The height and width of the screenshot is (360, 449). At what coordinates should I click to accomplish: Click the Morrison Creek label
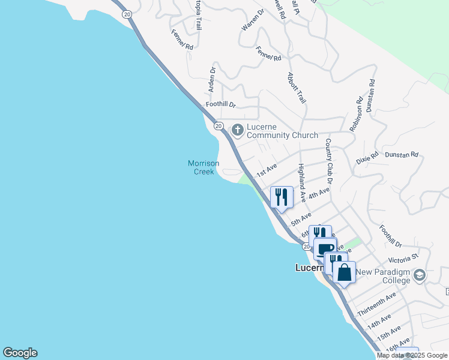tap(203, 167)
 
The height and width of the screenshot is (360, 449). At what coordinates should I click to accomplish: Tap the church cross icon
tap(237, 129)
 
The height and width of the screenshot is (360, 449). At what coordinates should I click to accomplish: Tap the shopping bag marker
tap(345, 272)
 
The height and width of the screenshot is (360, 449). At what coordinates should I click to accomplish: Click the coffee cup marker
tap(325, 248)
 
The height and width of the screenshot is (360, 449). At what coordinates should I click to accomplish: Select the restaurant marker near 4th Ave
tap(282, 196)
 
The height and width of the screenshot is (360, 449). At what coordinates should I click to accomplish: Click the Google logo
tap(20, 353)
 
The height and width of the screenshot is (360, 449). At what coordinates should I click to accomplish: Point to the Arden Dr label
tap(212, 79)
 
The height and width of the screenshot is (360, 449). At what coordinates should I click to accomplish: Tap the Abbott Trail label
tap(297, 88)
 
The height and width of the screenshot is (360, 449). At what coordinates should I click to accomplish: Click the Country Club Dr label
tap(329, 160)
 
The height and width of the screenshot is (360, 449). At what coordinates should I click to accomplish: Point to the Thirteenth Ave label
tap(376, 305)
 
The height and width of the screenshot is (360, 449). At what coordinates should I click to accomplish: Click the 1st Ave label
tap(266, 170)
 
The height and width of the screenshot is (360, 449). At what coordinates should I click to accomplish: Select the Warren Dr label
tap(253, 21)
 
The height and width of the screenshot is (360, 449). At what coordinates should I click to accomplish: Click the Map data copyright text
tap(412, 355)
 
